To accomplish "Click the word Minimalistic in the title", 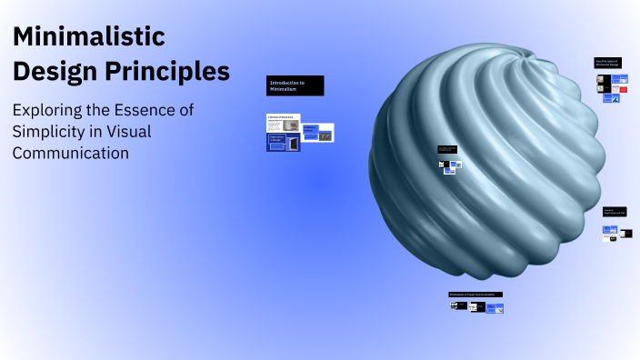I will [x=87, y=36].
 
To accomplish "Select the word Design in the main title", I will [x=53, y=71].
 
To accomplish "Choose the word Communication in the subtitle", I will [x=70, y=154].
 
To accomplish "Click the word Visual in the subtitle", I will [x=129, y=132].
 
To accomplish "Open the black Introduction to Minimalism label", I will [x=295, y=85].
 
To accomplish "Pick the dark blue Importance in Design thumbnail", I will [x=283, y=142].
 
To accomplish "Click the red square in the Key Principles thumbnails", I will [x=623, y=90].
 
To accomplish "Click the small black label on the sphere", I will [x=446, y=149].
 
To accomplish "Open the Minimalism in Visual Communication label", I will [x=475, y=295].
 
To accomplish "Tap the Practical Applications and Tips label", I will [x=615, y=212].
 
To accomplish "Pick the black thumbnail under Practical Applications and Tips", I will [x=626, y=234].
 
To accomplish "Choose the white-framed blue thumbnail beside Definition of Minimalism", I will [x=318, y=133].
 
